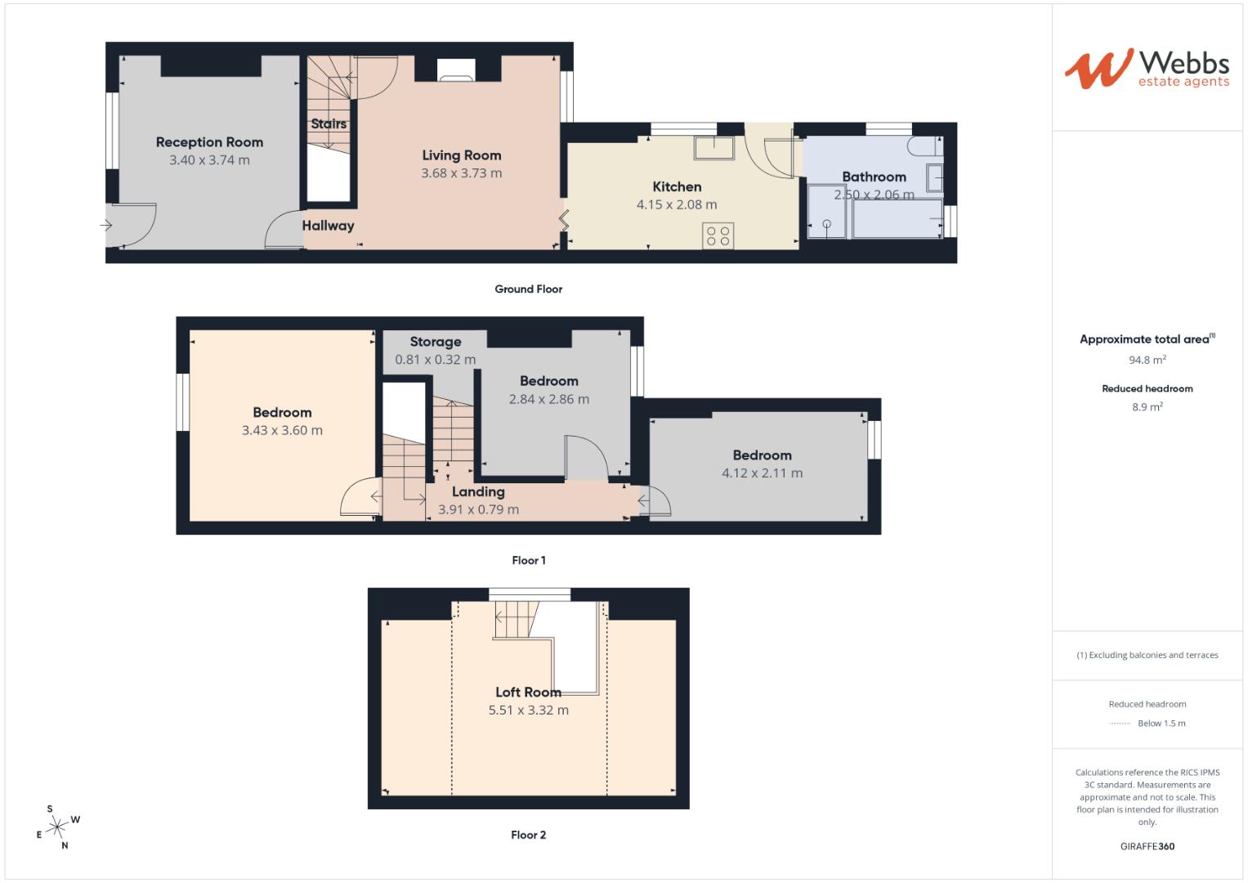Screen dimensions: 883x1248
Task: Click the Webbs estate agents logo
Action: point(1146,69)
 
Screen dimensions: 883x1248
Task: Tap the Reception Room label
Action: point(209,142)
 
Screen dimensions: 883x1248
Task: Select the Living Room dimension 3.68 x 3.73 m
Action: point(461,173)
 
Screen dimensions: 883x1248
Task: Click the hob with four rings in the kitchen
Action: point(718,236)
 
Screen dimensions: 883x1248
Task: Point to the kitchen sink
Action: point(714,148)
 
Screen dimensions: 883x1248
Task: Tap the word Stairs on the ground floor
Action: point(329,123)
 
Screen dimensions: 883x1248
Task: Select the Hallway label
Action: point(328,226)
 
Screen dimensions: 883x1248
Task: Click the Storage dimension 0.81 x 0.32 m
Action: point(435,360)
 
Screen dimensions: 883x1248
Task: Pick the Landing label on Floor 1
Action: point(478,491)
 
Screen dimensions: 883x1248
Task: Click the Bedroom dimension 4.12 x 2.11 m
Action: point(762,473)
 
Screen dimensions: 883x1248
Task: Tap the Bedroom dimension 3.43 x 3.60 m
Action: point(282,431)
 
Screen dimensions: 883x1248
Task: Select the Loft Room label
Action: point(528,693)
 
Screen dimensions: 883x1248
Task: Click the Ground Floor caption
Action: point(528,289)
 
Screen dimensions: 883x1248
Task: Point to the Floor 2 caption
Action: point(528,835)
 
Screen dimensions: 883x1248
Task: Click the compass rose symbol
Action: point(57,827)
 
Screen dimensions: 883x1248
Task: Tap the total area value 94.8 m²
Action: point(1147,360)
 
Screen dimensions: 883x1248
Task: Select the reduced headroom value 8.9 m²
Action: point(1147,407)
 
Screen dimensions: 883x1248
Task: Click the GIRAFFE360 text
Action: point(1147,846)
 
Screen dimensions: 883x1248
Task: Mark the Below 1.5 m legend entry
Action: point(1161,724)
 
